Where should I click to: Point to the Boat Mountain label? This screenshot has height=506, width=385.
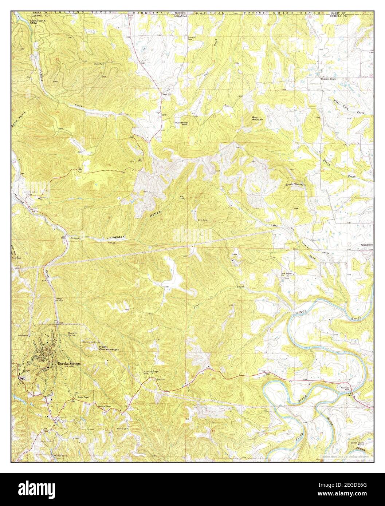click(x=258, y=118)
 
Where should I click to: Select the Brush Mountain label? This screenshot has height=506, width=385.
click(x=295, y=185)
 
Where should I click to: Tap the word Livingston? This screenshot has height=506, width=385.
click(x=115, y=237)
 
